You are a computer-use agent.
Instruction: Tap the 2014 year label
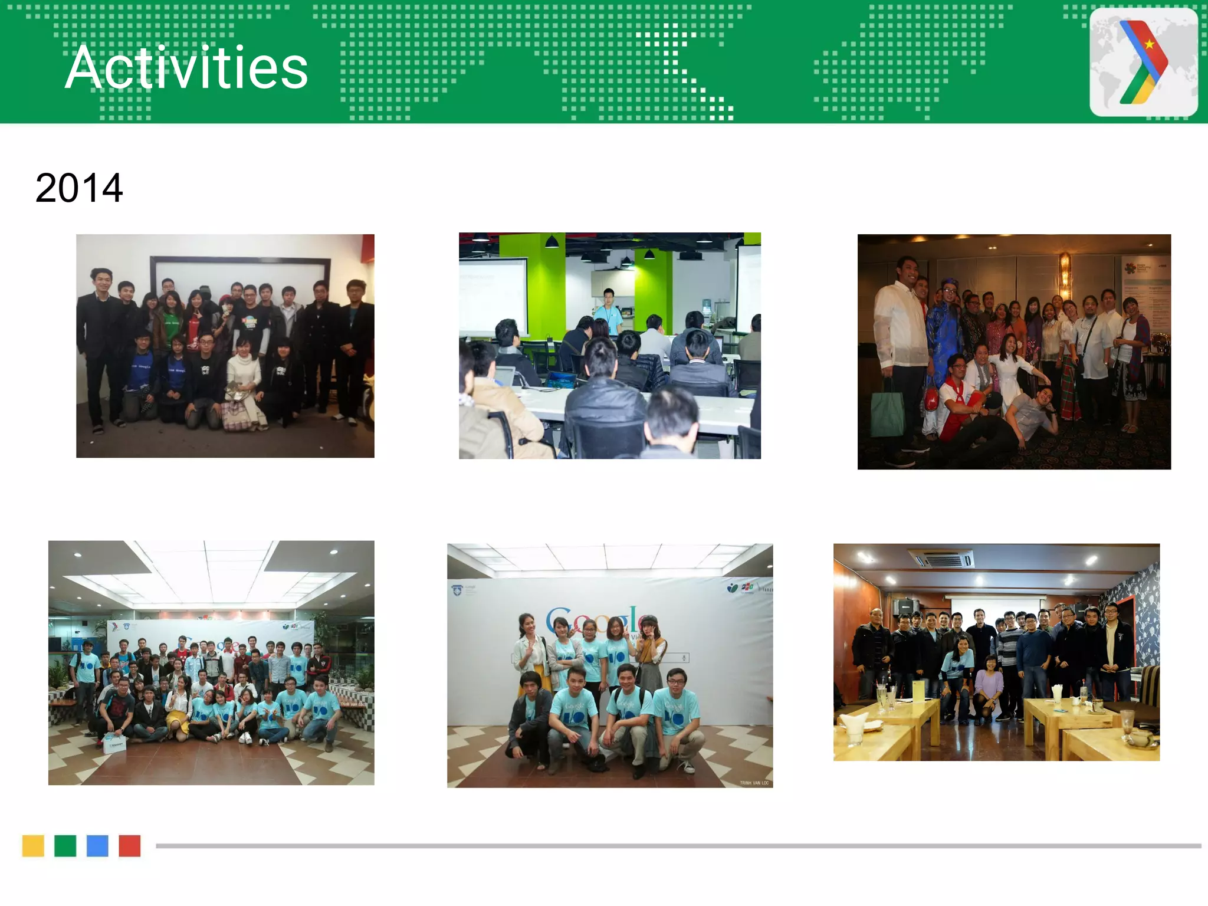click(79, 188)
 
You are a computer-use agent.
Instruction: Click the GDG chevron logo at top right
click(1143, 62)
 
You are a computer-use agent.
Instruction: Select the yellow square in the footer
click(33, 845)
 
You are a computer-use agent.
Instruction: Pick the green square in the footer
click(65, 845)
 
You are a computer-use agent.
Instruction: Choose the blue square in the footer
click(97, 845)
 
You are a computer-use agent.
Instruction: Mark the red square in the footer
click(129, 845)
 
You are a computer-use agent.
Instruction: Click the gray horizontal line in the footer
click(678, 845)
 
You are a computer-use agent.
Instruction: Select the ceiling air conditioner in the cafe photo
click(942, 557)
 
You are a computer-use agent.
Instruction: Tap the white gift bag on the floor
click(114, 744)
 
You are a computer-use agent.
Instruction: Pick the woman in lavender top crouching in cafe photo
click(989, 684)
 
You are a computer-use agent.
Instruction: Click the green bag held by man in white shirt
click(887, 413)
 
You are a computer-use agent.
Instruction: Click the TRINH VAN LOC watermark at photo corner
click(754, 783)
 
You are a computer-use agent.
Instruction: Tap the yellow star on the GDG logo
click(1149, 44)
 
